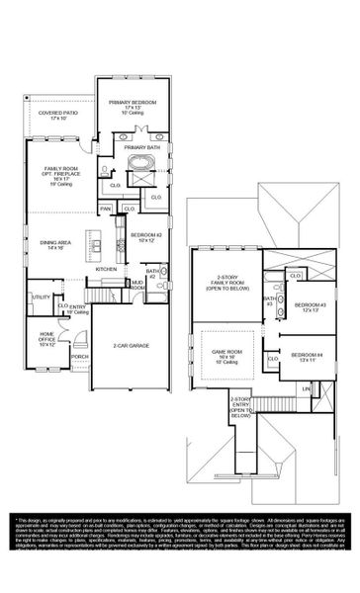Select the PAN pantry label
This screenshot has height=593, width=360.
[105, 210]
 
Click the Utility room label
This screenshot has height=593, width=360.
[42, 296]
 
